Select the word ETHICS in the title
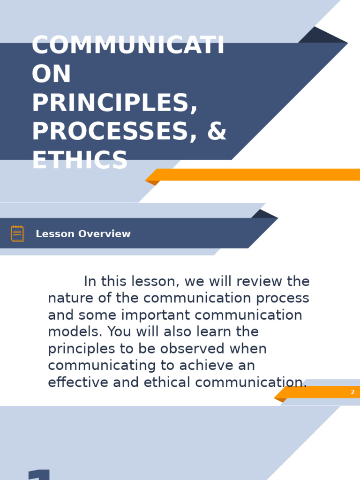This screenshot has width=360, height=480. (x=80, y=160)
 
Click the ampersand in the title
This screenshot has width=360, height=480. (x=216, y=132)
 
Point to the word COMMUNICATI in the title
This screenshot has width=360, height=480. (x=128, y=46)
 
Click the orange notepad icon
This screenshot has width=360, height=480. (x=18, y=233)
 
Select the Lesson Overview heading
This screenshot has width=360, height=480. (x=83, y=234)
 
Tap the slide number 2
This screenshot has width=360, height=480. (x=352, y=392)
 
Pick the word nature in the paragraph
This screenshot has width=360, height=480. (x=69, y=298)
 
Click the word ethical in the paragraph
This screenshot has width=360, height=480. (x=168, y=382)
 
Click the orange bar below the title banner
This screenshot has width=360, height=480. (x=258, y=175)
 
